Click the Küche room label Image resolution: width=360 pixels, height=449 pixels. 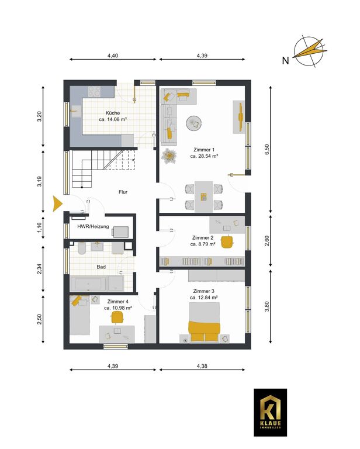pyautogui.click(x=113, y=113)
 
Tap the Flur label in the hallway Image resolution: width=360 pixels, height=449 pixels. pyautogui.click(x=123, y=192)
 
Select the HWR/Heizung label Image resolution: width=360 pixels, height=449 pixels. pyautogui.click(x=94, y=226)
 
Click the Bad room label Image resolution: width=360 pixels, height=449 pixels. pyautogui.click(x=101, y=267)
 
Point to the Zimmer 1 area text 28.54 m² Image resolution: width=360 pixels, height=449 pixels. pyautogui.click(x=208, y=156)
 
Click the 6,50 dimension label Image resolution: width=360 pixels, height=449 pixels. pyautogui.click(x=267, y=150)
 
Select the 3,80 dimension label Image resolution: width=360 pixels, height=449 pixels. pyautogui.click(x=267, y=307)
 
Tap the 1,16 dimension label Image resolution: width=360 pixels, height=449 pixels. pyautogui.click(x=40, y=227)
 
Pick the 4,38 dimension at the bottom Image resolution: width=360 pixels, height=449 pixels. pyautogui.click(x=202, y=366)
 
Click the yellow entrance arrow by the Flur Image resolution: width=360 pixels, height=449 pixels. pyautogui.click(x=57, y=203)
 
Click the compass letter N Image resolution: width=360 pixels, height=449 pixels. pyautogui.click(x=285, y=61)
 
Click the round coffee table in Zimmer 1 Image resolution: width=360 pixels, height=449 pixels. pyautogui.click(x=195, y=123)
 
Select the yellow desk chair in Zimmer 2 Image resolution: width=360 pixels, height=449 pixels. pyautogui.click(x=228, y=241)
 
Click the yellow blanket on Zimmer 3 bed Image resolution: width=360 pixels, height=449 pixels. pyautogui.click(x=205, y=331)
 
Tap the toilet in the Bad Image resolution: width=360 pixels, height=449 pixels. pyautogui.click(x=81, y=248)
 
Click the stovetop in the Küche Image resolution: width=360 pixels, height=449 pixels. pyautogui.click(x=94, y=92)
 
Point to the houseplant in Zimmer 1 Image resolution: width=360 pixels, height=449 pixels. pyautogui.click(x=168, y=156)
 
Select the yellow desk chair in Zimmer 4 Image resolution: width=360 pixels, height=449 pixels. pyautogui.click(x=117, y=317)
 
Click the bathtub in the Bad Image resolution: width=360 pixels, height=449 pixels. pyautogui.click(x=88, y=284)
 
